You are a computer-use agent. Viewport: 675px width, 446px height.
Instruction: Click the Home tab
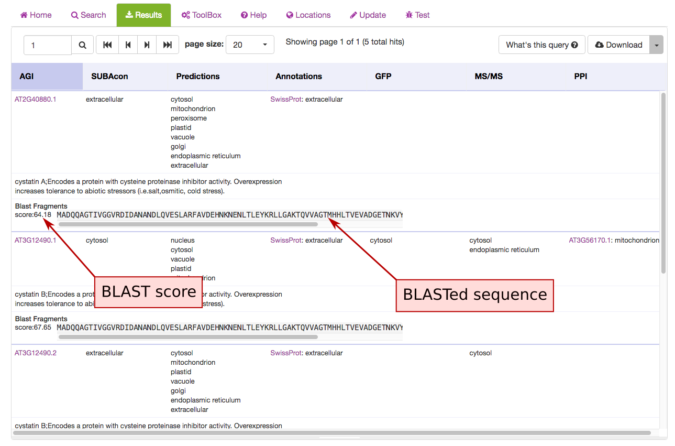36,15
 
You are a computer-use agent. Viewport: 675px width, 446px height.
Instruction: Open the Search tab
88,15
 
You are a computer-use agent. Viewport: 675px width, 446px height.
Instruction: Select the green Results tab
143,15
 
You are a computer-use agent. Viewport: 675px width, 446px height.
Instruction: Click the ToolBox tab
202,15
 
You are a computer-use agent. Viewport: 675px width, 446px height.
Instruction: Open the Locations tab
308,15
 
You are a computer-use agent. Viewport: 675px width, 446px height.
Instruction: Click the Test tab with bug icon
417,15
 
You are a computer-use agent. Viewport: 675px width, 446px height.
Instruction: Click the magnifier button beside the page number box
83,45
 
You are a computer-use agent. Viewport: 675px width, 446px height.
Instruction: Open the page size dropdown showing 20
250,45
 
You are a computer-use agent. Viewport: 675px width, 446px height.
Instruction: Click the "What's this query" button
541,45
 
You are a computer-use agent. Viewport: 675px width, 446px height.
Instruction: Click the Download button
618,45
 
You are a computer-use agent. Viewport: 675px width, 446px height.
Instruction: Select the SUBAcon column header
109,77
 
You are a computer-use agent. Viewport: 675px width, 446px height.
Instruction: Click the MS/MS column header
488,77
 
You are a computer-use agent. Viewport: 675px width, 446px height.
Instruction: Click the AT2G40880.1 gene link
35,100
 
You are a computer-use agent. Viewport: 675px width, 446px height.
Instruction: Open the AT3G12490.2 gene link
35,353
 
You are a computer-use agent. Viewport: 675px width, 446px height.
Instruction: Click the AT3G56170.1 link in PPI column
590,241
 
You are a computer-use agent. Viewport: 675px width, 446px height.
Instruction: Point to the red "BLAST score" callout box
149,292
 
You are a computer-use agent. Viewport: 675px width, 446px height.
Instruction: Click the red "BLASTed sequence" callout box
474,295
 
